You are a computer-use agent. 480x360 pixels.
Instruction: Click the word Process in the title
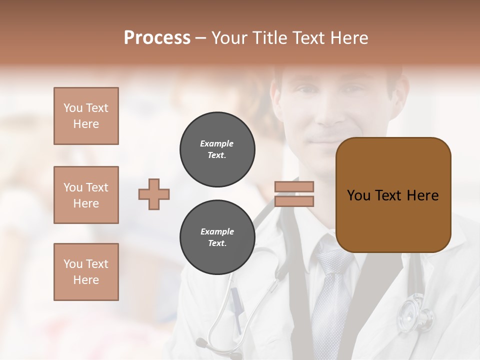point(157,38)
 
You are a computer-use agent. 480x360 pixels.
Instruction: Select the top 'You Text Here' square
point(86,116)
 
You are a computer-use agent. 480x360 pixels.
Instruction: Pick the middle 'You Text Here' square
point(86,195)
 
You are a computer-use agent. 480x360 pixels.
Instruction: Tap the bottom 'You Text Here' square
point(86,272)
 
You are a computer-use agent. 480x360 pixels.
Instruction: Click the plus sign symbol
point(154,194)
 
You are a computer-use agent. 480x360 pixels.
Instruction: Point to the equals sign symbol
point(294,194)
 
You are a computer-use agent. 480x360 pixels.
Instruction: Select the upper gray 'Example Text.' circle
point(217,149)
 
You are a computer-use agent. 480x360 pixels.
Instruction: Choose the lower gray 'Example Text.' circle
point(217,237)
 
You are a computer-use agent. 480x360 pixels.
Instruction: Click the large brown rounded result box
point(393,195)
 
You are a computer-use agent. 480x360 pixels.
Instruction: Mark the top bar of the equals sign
point(294,187)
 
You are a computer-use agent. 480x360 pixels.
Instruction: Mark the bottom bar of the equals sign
point(294,201)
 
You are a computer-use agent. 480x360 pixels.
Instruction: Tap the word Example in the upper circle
point(217,143)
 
